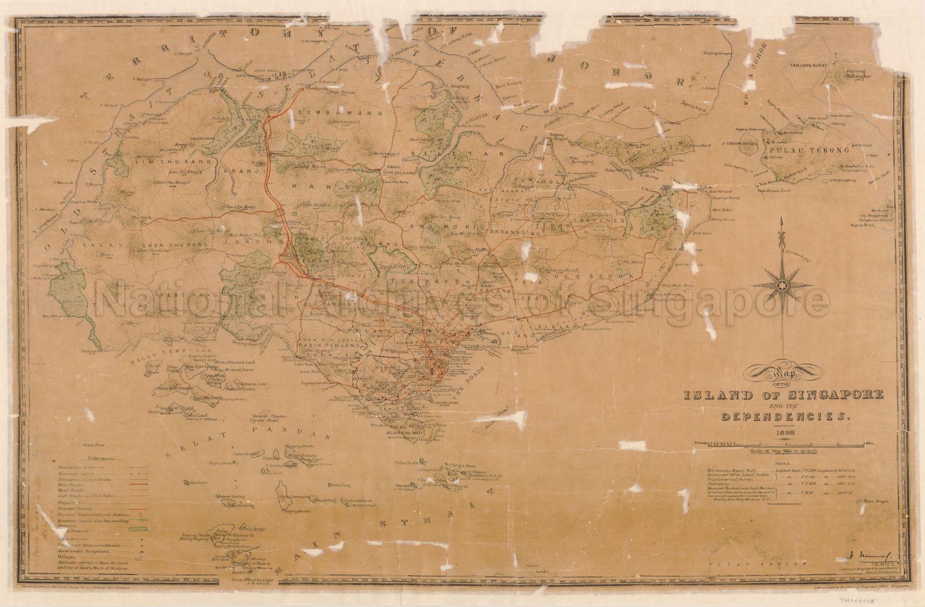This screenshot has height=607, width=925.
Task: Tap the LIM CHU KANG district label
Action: [155, 163]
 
